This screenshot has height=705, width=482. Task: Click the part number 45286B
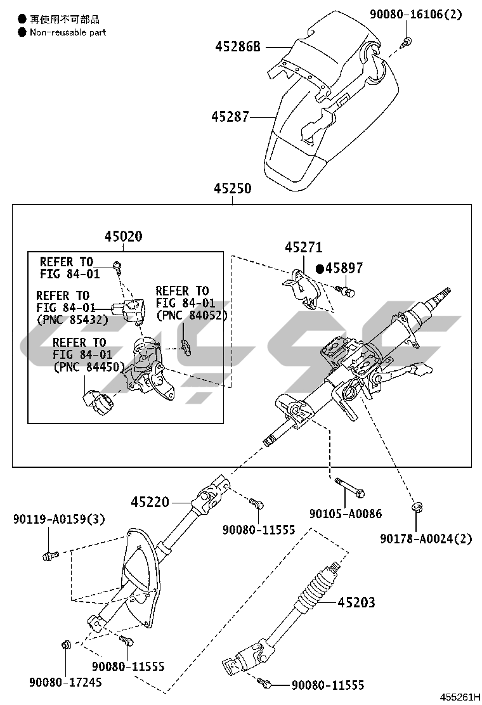(238, 47)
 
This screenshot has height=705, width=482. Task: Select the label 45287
(230, 117)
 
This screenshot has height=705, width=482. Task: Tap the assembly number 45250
(232, 189)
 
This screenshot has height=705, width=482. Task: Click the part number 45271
(303, 247)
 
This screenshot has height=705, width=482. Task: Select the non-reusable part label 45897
(344, 268)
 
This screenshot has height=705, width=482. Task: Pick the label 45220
(150, 502)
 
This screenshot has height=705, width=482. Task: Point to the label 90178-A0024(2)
(426, 538)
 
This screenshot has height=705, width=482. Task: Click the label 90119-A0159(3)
(58, 519)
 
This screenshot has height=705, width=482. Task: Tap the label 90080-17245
(65, 682)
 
